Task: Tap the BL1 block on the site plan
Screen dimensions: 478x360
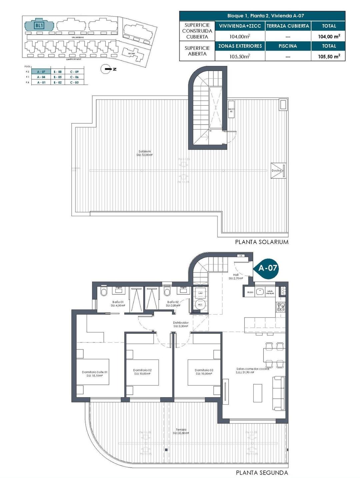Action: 39,25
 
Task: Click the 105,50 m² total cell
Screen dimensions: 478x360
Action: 329,56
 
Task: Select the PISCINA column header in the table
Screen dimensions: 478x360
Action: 288,46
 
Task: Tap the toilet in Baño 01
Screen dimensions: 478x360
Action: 104,293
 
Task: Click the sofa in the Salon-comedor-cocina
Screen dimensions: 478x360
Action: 279,393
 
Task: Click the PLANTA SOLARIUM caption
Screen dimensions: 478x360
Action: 262,242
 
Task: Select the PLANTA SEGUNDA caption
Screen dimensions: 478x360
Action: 262,472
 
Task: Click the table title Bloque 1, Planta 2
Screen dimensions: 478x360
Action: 262,16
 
